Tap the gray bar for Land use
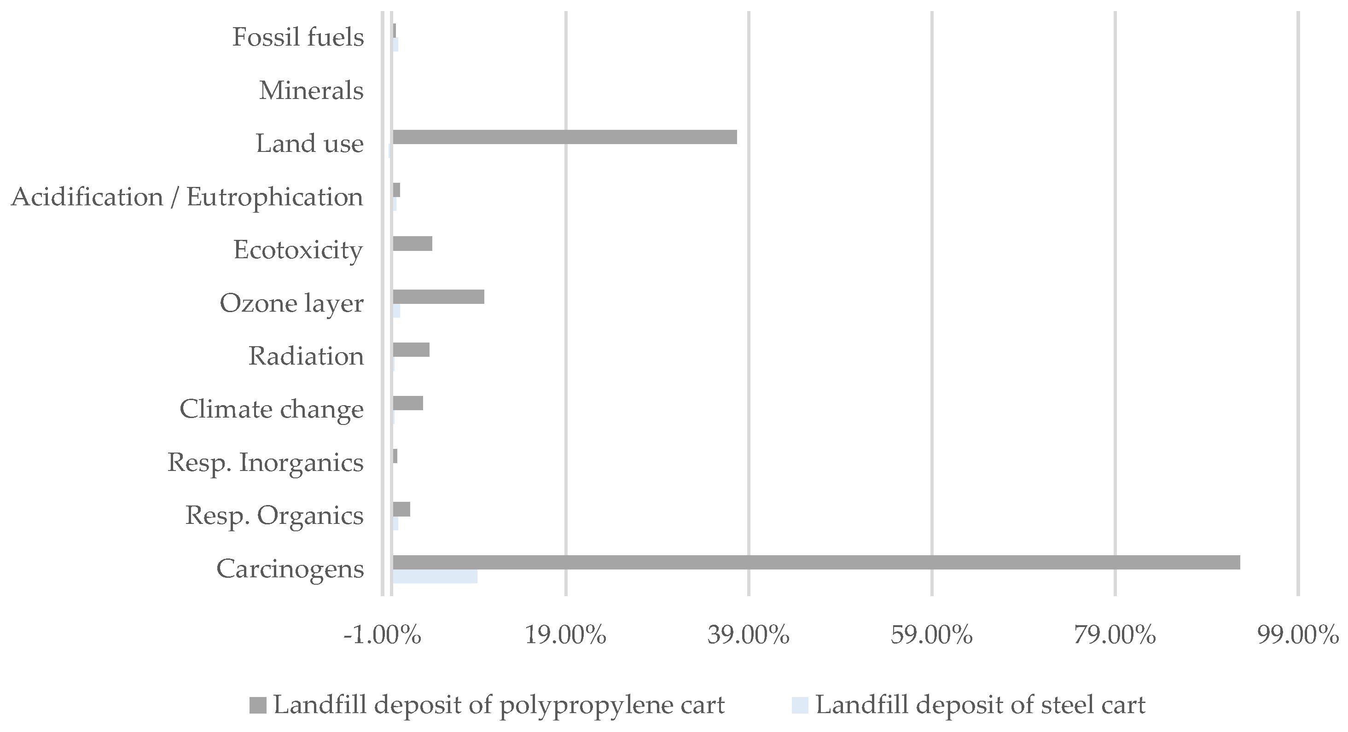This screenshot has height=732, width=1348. [564, 137]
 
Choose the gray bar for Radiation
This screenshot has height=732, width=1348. [411, 349]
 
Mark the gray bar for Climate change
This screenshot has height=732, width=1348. [407, 403]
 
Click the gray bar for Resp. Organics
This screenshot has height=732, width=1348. [401, 509]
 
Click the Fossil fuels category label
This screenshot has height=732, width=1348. [298, 37]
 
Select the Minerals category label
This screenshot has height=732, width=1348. [311, 91]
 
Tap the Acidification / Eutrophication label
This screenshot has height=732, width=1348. [187, 197]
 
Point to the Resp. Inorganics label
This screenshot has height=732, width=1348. [265, 463]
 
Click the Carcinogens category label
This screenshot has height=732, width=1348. [290, 569]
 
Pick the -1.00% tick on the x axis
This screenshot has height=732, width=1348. [383, 635]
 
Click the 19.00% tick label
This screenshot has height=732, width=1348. [566, 635]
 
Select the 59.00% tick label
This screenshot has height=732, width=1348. [932, 635]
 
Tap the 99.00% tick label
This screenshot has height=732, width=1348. [1298, 635]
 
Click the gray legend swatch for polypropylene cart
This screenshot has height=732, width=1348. [258, 705]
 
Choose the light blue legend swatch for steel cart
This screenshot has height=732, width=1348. [800, 705]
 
